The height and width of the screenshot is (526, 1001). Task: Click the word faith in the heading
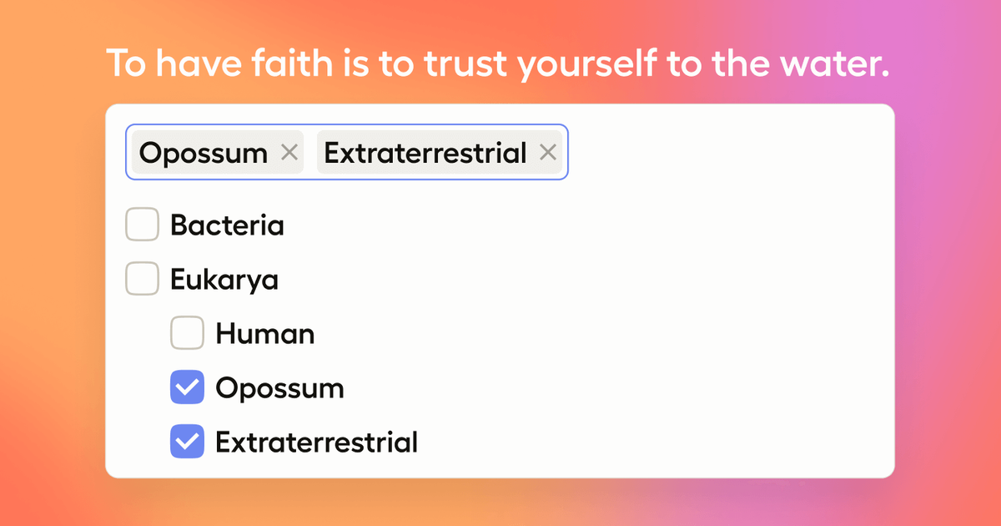(x=293, y=63)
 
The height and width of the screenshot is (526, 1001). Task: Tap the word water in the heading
(x=834, y=64)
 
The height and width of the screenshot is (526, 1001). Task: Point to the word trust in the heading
(x=465, y=64)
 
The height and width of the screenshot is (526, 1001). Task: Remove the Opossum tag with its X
(x=289, y=153)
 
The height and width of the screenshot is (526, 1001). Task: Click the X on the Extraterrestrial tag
(x=548, y=153)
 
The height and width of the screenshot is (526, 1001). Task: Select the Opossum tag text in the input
(x=204, y=154)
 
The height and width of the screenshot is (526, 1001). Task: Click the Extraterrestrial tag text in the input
(x=425, y=153)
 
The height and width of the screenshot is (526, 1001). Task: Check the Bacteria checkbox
(x=142, y=224)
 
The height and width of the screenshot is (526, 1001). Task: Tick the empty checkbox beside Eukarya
(x=142, y=278)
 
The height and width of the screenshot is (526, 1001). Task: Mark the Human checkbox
(x=187, y=333)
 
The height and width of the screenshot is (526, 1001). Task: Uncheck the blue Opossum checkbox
(x=187, y=387)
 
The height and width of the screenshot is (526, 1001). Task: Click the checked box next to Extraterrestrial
(x=187, y=441)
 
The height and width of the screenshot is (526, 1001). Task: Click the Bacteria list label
(x=227, y=225)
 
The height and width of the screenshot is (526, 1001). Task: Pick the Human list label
(x=265, y=334)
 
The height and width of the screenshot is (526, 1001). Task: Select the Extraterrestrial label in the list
(x=316, y=442)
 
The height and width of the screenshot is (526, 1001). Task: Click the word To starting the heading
(x=127, y=64)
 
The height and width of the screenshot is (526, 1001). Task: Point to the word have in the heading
(x=199, y=63)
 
